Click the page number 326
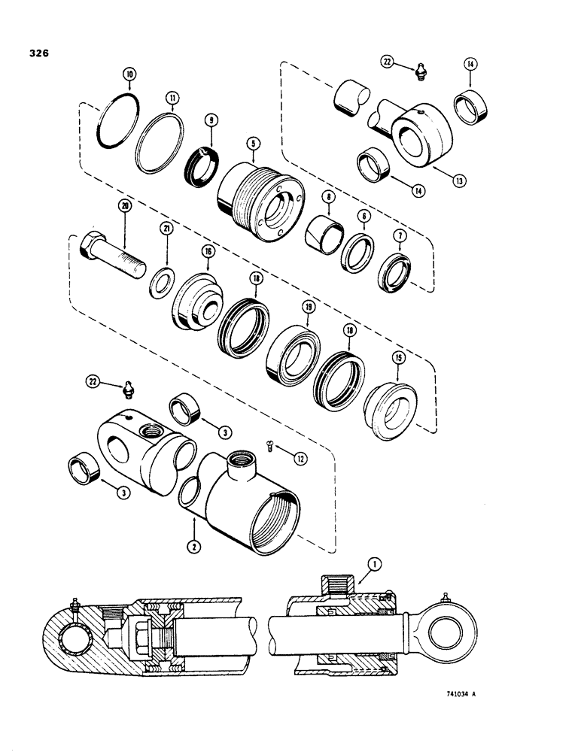40,53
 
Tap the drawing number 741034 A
456,693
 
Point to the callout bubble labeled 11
174,97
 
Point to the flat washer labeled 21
160,286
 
